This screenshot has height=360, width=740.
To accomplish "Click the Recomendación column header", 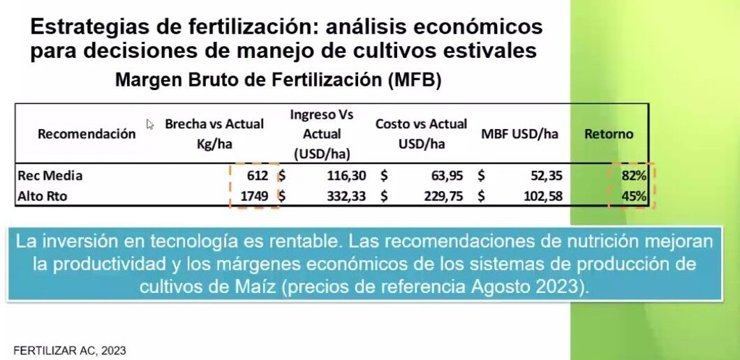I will [87, 134].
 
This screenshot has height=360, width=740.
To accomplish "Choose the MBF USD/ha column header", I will [519, 134].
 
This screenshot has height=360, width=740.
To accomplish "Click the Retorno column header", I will [609, 134].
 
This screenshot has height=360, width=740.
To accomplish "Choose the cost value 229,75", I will [444, 197].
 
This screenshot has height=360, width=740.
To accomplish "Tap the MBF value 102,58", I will [542, 197].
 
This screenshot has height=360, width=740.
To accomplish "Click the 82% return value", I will [634, 177].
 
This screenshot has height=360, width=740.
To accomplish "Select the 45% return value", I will [634, 197].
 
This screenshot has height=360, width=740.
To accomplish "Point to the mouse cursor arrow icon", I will [149, 124].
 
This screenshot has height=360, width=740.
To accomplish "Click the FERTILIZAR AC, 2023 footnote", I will [70, 350].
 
